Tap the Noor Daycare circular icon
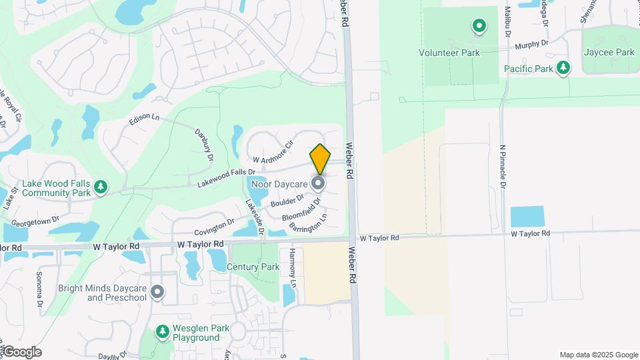[x=319, y=183]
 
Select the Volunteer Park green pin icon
[x=479, y=27]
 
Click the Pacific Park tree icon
[x=564, y=67]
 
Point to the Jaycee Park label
[x=609, y=52]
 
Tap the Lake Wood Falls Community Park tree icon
[x=101, y=187]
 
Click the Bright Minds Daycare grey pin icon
[x=158, y=291]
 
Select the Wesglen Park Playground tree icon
[x=162, y=331]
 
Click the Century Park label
[x=253, y=267]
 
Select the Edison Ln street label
[x=145, y=118]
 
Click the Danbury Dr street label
[x=203, y=145]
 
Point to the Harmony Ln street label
[x=292, y=264]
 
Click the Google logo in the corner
[x=21, y=352]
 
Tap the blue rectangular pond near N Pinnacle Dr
[x=527, y=217]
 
